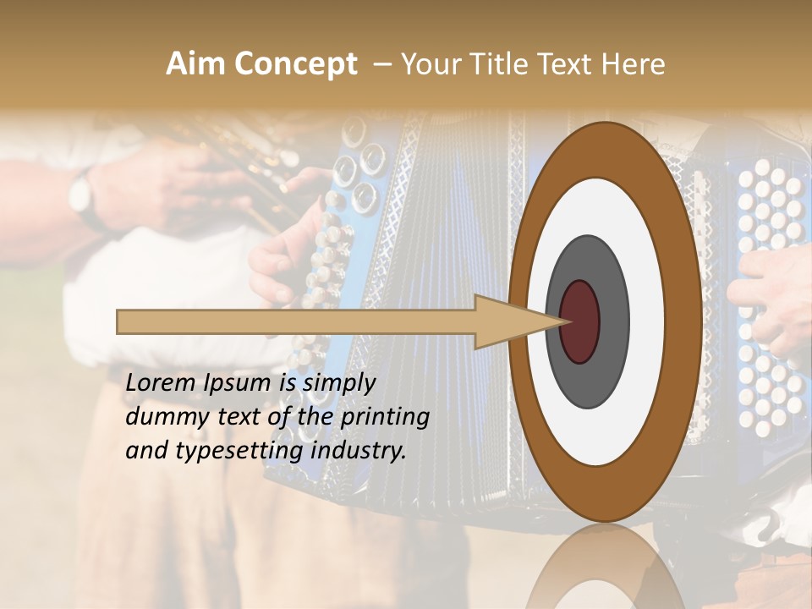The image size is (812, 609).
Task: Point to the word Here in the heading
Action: tap(634, 64)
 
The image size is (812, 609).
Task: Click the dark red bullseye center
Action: tap(580, 322)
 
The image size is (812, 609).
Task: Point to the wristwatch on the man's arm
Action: tap(80, 194)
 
